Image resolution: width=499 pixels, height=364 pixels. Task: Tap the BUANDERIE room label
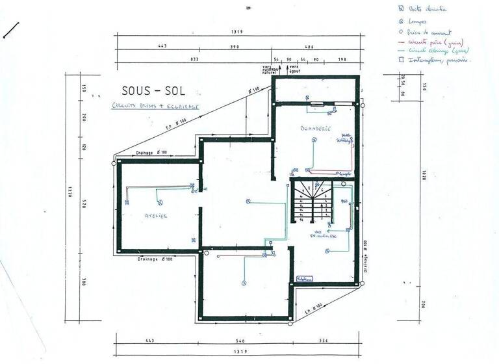click(316, 129)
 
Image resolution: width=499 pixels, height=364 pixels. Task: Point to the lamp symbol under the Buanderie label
click(314, 139)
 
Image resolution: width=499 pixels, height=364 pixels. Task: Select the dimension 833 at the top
click(194, 59)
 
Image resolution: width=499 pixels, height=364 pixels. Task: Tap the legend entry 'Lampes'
click(413, 21)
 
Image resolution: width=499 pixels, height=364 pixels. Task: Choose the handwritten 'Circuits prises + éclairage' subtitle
click(155, 105)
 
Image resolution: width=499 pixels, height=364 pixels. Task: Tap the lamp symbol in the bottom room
click(243, 282)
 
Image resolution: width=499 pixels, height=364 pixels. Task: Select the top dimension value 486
click(309, 47)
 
